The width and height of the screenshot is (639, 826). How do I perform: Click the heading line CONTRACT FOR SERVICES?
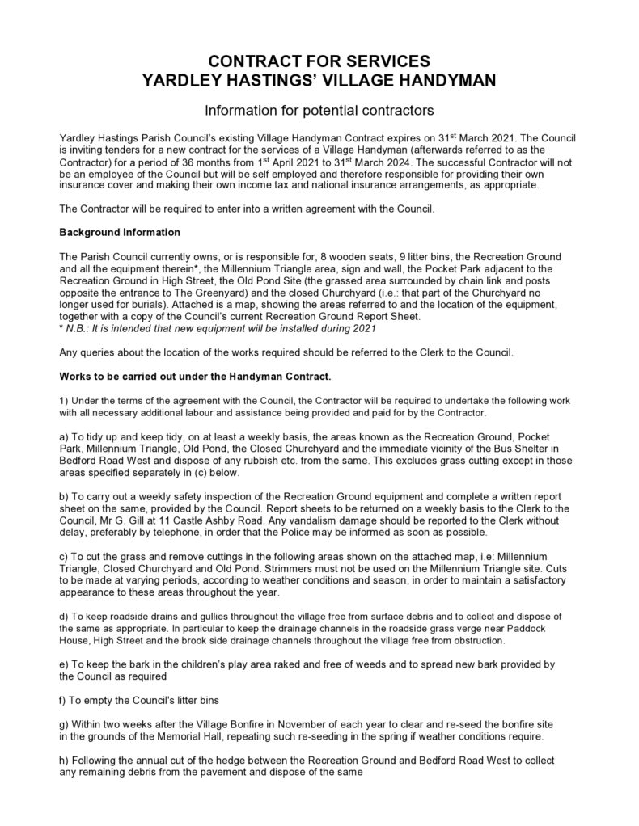click(319, 61)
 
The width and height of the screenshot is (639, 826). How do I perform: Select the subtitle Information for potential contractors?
click(319, 108)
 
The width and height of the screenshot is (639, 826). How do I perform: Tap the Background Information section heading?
click(120, 233)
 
